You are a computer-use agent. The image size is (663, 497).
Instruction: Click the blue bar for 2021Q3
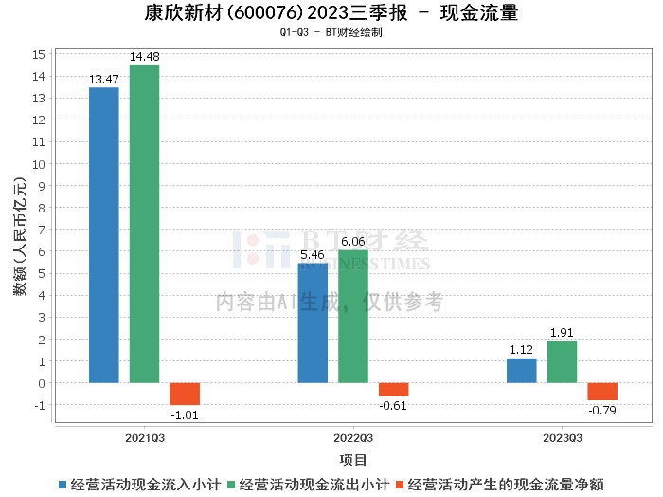click(x=104, y=235)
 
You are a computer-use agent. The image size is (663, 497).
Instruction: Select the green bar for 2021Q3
click(x=145, y=224)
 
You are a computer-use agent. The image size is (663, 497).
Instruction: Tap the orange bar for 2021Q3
click(x=185, y=394)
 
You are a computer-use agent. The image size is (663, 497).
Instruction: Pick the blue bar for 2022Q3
click(x=313, y=323)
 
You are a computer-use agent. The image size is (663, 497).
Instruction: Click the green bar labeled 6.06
click(x=353, y=317)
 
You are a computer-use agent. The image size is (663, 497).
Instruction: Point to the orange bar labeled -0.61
click(x=394, y=390)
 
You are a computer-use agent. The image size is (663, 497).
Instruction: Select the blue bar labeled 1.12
click(x=522, y=371)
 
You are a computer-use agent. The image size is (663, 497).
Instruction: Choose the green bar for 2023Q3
click(x=563, y=362)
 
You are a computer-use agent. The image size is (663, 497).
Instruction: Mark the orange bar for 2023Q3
click(x=602, y=392)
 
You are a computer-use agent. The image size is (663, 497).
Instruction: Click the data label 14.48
click(x=145, y=58)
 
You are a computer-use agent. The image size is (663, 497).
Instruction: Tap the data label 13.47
click(x=103, y=80)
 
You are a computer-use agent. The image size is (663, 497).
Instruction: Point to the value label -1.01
click(x=185, y=414)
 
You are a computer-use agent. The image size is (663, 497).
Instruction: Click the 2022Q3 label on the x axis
click(x=353, y=438)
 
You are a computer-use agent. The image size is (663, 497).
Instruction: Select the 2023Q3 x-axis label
click(x=562, y=438)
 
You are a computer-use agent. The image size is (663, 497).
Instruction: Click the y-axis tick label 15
click(x=39, y=53)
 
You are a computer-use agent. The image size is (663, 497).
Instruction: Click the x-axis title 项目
click(x=353, y=460)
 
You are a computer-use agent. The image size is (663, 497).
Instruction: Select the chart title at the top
click(x=331, y=13)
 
